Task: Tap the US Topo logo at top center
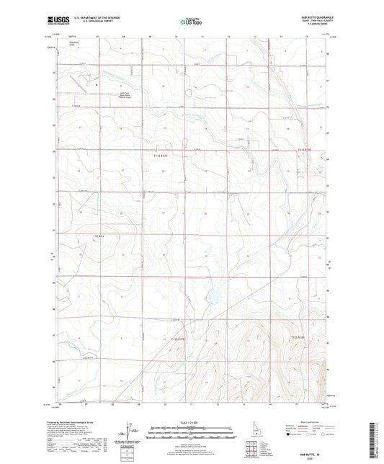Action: pyautogui.click(x=191, y=22)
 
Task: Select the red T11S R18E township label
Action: pyautogui.click(x=308, y=150)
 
